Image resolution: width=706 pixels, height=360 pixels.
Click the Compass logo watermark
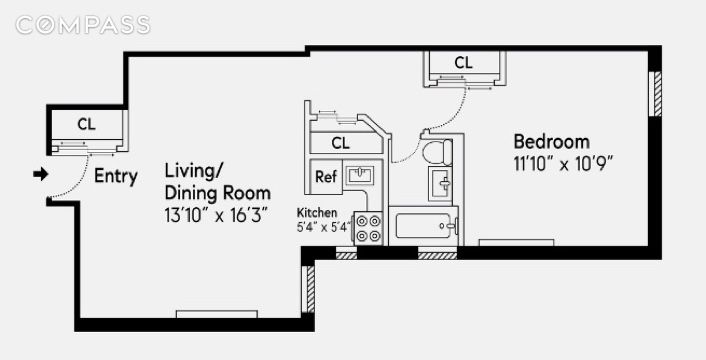[x=83, y=25]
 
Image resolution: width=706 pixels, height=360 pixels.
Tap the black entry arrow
[x=41, y=174]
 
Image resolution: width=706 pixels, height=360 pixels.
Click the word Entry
[x=116, y=176]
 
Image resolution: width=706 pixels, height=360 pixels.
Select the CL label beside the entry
[x=86, y=124]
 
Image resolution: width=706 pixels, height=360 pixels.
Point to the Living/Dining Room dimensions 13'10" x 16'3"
[x=217, y=216]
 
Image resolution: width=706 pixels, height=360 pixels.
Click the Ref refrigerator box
[x=326, y=177]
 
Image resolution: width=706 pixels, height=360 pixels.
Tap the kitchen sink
[x=359, y=175]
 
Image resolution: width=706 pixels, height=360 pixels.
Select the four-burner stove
[x=368, y=229]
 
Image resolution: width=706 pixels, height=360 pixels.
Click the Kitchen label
[x=317, y=213]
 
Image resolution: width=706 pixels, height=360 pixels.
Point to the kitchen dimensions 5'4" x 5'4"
[x=323, y=227]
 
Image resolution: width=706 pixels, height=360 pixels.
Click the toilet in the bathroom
[x=438, y=152]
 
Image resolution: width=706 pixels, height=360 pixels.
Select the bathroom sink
[x=440, y=183]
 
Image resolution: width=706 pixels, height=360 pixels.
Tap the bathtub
[x=423, y=225]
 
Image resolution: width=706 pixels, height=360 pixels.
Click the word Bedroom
[x=552, y=142]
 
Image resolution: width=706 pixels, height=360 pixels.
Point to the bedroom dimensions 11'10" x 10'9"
[x=562, y=164]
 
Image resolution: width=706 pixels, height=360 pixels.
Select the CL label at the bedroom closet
[x=463, y=63]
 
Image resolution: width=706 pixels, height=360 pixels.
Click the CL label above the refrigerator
[x=340, y=143]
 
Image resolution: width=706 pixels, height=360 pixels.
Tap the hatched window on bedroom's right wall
[x=657, y=93]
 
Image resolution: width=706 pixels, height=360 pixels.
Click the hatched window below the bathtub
[x=437, y=256]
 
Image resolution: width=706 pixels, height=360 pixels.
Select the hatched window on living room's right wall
[x=311, y=289]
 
